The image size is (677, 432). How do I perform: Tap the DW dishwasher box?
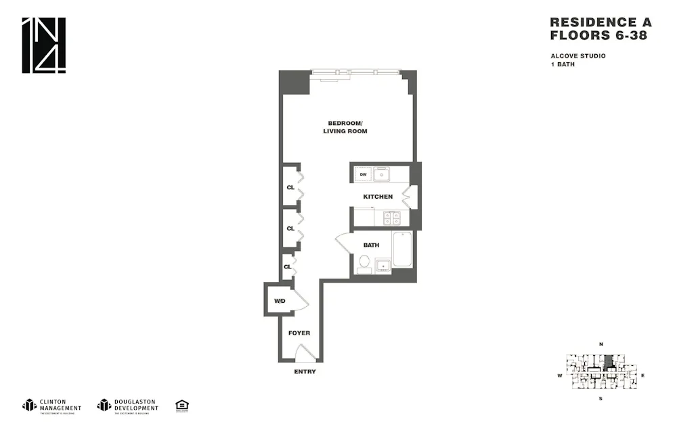363,174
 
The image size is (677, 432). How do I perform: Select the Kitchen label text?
378,197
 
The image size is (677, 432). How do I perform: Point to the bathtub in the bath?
401,249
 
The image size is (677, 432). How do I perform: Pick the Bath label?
371,245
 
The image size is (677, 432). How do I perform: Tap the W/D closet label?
279,300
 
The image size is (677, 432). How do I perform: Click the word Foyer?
299,333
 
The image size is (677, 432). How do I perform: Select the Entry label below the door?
305,372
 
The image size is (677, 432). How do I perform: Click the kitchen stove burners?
391,218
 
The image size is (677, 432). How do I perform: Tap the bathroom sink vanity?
383,266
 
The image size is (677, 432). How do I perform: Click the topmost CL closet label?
290,187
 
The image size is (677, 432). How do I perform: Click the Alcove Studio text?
577,56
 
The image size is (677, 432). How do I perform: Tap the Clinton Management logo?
52,406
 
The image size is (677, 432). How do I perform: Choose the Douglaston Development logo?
128,406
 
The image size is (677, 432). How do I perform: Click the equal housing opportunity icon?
181,406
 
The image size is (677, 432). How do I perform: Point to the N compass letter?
600,345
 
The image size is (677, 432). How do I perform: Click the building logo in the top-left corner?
44,45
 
